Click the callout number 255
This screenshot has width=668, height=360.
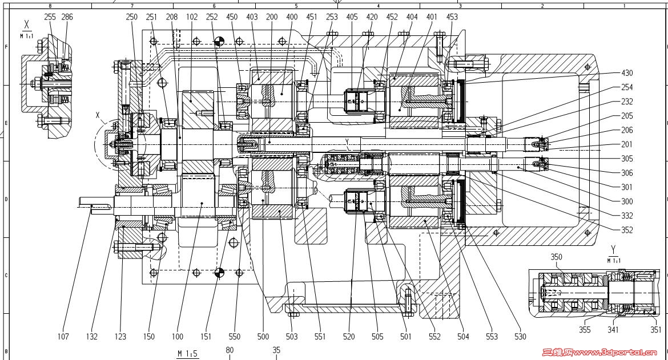click(x=50, y=17)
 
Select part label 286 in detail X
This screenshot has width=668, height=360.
click(x=67, y=17)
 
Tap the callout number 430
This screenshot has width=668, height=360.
click(x=627, y=73)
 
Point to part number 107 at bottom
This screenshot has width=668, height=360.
click(x=63, y=337)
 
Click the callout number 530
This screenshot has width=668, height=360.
click(x=520, y=337)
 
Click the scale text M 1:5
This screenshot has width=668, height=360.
click(x=187, y=354)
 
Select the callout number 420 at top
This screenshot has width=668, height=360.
click(x=372, y=17)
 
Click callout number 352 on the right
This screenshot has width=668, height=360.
click(x=627, y=230)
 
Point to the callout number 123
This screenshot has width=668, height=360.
click(x=122, y=337)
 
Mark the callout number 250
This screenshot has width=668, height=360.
click(x=132, y=17)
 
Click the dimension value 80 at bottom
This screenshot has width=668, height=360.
click(x=230, y=350)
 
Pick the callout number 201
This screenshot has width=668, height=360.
click(x=627, y=144)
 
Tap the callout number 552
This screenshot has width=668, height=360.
click(x=434, y=337)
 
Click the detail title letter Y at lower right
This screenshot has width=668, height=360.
click(x=613, y=249)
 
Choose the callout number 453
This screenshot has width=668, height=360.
click(x=452, y=17)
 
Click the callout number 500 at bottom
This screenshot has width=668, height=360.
click(x=263, y=337)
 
